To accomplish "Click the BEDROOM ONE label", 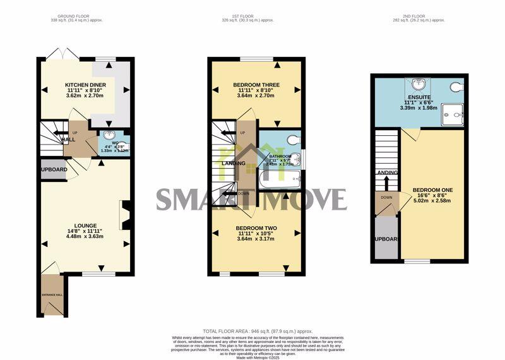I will tap(432, 189).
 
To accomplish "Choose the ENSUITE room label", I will tap(419, 97).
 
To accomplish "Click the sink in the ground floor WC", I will tap(110, 135).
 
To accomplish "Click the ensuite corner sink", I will tap(417, 83).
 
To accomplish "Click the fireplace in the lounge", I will tap(124, 215).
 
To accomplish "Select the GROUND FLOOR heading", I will tap(74, 15).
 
